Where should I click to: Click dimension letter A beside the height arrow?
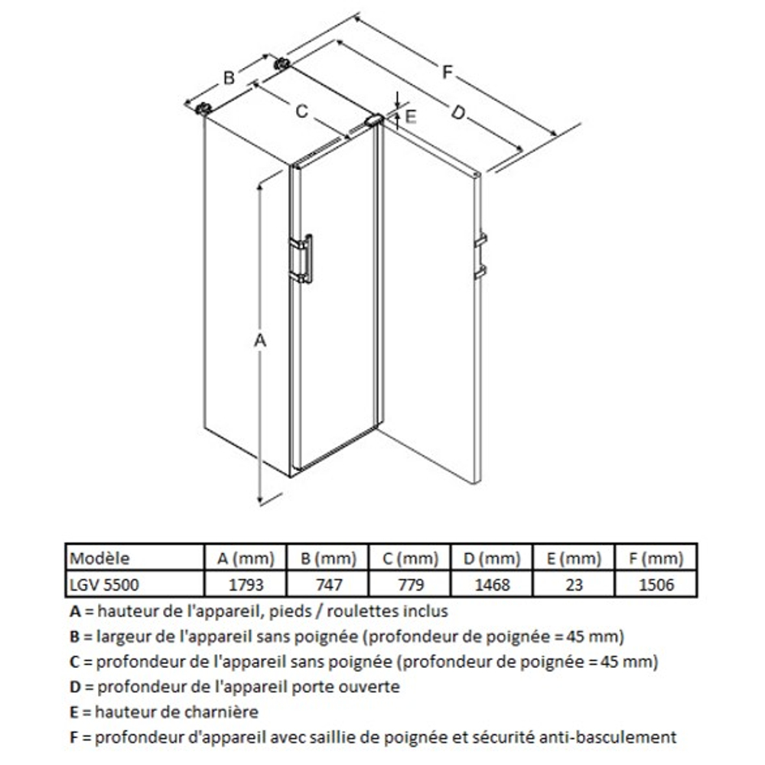click(259, 340)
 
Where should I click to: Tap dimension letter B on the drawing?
click(227, 76)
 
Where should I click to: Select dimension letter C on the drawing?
click(301, 111)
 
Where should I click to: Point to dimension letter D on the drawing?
click(457, 113)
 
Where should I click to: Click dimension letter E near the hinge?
click(410, 116)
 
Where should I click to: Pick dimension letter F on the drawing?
click(448, 73)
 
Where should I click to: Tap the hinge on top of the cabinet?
click(374, 121)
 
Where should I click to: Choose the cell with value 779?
click(410, 585)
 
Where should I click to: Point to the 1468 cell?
click(492, 585)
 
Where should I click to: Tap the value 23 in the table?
click(574, 585)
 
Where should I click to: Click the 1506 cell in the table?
click(656, 585)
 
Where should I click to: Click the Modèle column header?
click(99, 558)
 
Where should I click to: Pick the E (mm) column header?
click(574, 558)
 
